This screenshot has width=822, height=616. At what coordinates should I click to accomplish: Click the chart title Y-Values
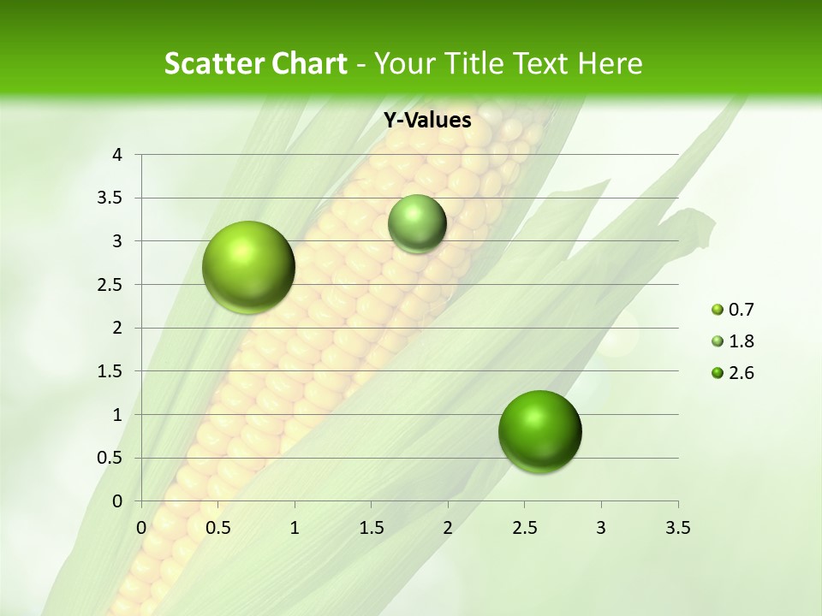(427, 121)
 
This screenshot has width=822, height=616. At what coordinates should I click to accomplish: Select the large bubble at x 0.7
(249, 267)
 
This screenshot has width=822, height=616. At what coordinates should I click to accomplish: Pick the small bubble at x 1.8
(417, 223)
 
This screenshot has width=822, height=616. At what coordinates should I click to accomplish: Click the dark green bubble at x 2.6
(539, 431)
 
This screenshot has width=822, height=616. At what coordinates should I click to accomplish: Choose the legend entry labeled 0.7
(733, 310)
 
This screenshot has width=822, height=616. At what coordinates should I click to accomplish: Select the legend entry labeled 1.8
(733, 341)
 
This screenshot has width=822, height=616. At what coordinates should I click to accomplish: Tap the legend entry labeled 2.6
(733, 373)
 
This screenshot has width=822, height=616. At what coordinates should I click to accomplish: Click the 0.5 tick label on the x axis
(218, 528)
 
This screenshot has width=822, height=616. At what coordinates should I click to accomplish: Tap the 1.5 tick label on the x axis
(372, 528)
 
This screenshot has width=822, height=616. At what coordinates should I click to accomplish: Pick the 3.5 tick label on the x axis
(678, 528)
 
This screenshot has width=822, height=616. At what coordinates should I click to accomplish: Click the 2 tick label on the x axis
(448, 528)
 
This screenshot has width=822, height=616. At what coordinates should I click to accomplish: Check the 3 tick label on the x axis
(601, 528)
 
